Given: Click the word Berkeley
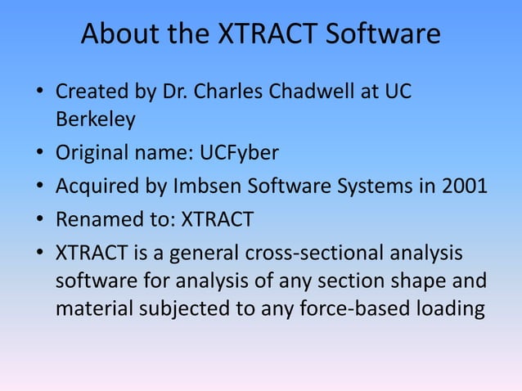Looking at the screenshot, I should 95,120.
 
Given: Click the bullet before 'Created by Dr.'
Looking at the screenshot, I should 40,94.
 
